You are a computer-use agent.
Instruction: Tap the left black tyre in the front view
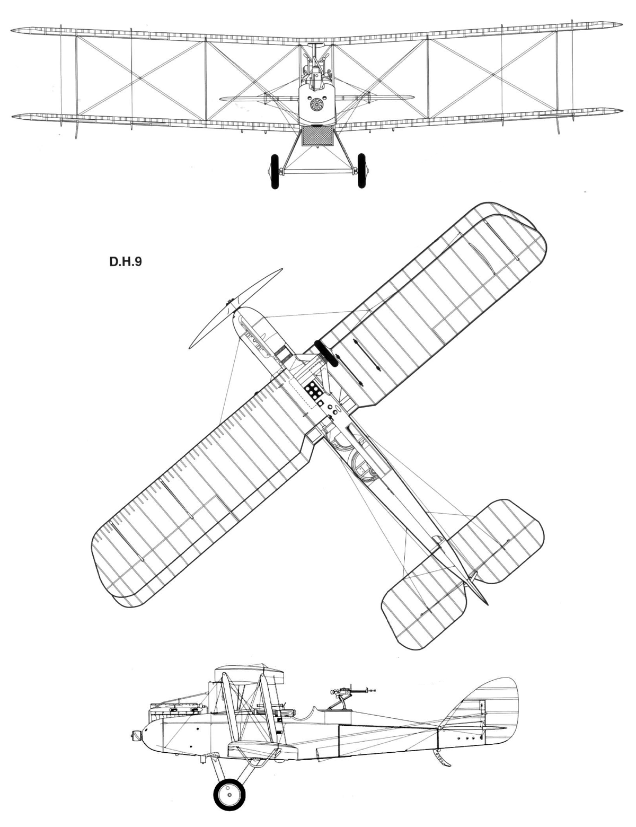(x=275, y=171)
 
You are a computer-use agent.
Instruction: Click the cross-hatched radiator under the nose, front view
(x=317, y=136)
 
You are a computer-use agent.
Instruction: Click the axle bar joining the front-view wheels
(x=318, y=171)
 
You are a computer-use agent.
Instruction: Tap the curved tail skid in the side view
(x=443, y=759)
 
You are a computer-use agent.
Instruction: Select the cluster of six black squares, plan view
(x=314, y=391)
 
